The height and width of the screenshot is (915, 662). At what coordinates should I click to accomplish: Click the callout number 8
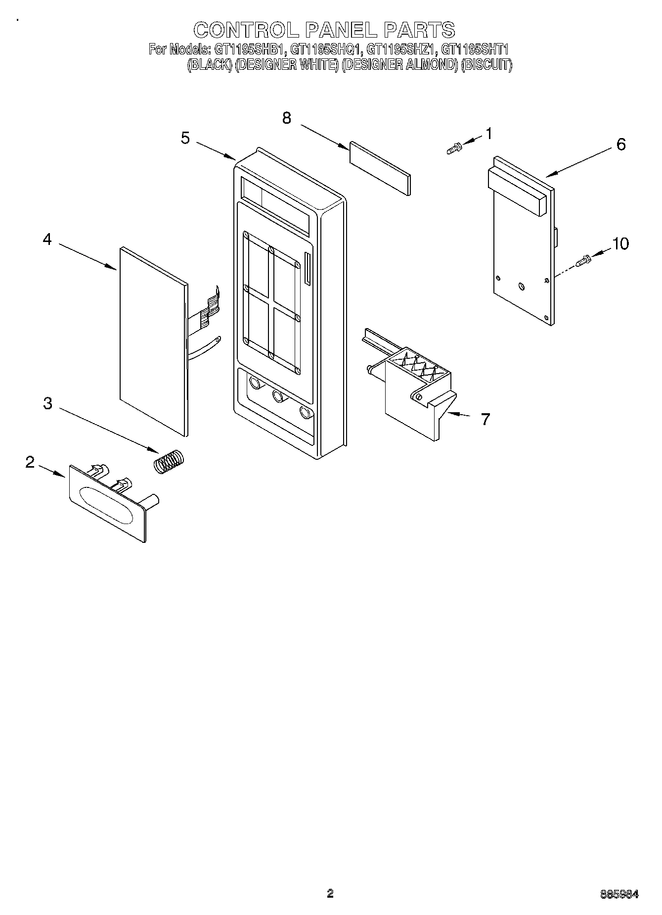tap(287, 118)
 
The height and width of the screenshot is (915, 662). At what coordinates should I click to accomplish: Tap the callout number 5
tap(185, 138)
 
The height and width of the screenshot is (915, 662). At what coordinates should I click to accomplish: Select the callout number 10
tap(620, 243)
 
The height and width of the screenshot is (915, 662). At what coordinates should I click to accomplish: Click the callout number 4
tap(47, 239)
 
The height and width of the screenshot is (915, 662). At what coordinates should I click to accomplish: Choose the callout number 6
tap(620, 144)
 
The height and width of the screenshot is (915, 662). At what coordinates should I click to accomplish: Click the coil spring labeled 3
tap(169, 461)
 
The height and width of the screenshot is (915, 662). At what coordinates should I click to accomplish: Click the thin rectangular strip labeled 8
tap(380, 167)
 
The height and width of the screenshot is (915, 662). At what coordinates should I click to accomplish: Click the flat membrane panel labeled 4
tap(153, 341)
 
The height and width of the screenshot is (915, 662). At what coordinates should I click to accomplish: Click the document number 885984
tap(619, 894)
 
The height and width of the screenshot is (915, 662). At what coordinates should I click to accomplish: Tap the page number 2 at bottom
tap(330, 893)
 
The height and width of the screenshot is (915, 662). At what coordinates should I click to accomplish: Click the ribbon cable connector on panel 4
tap(211, 307)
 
